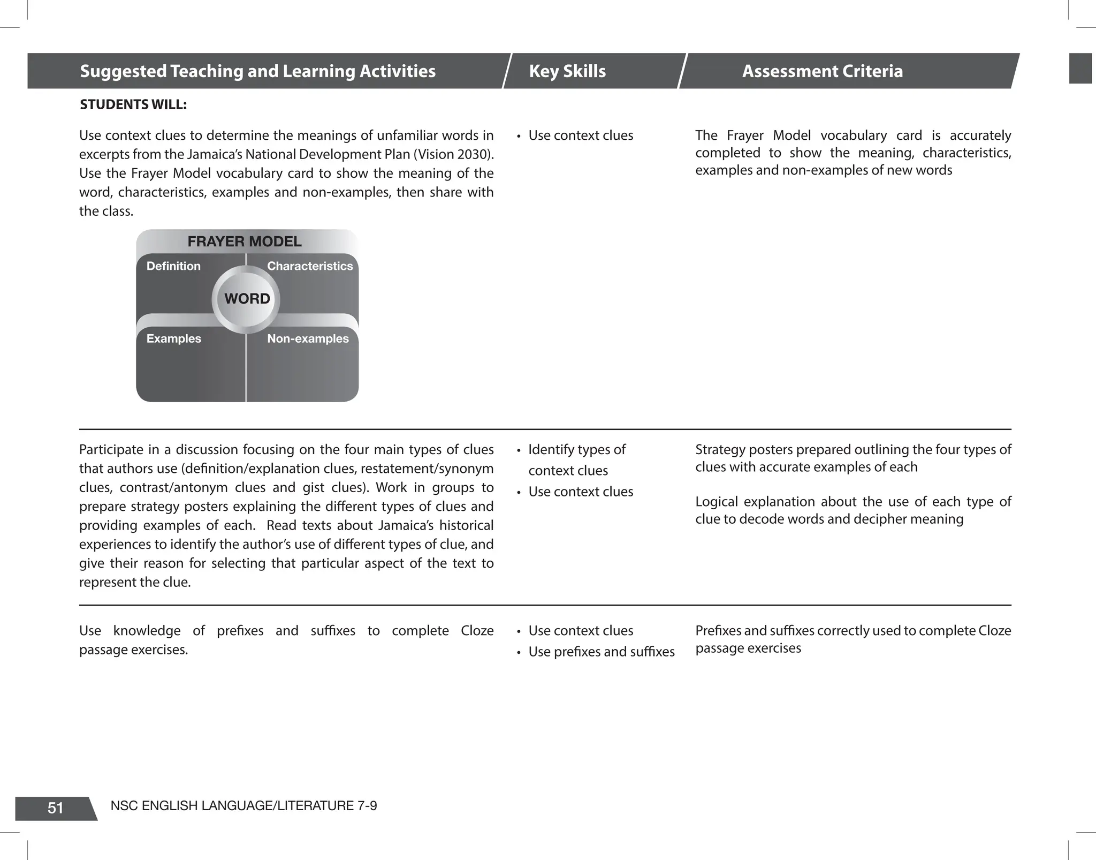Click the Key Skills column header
click(567, 71)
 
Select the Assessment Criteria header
click(822, 71)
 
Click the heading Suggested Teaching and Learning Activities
click(257, 71)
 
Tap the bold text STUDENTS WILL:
click(133, 104)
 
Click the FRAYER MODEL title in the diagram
click(245, 242)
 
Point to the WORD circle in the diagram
click(247, 299)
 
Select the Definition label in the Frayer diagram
click(173, 266)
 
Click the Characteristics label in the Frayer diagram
click(310, 266)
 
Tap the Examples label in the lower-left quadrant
click(174, 338)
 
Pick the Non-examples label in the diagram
click(308, 338)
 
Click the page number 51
click(56, 808)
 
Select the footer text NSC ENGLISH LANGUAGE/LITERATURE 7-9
click(243, 806)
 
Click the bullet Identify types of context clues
click(576, 459)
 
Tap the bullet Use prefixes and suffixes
click(601, 652)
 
